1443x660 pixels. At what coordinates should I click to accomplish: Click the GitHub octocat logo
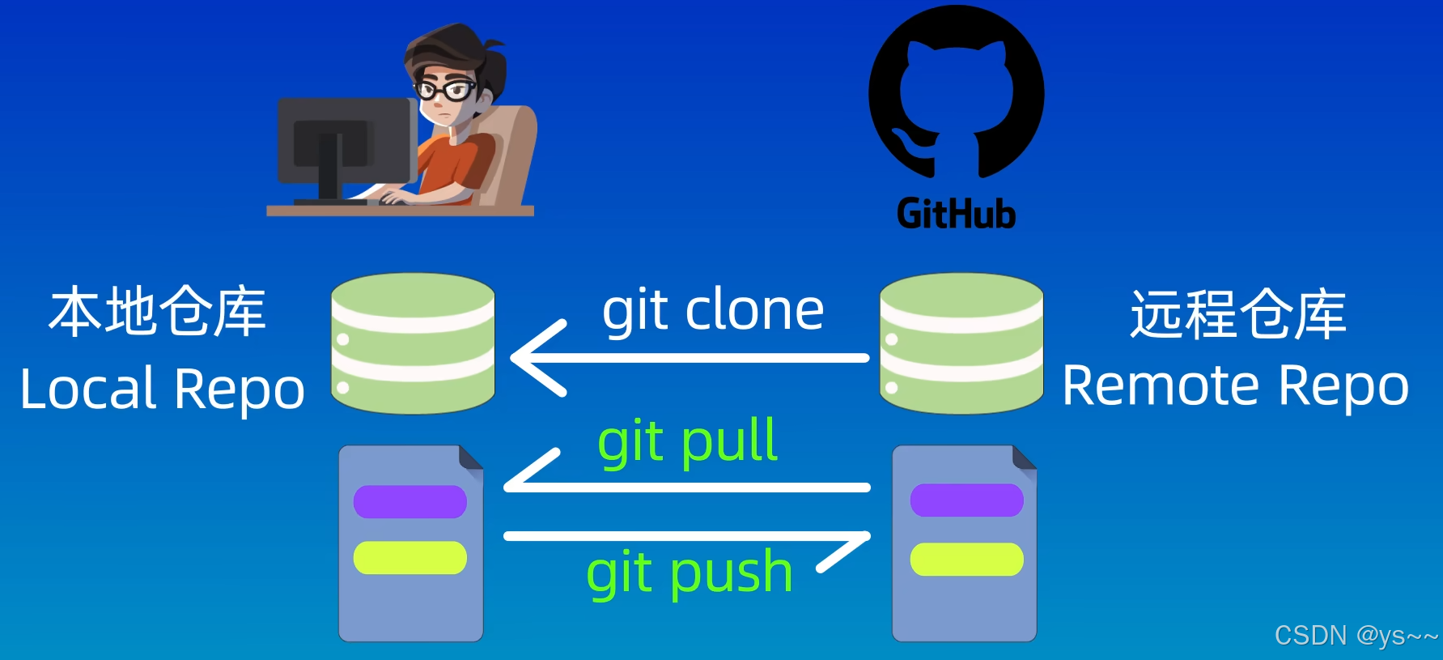[956, 93]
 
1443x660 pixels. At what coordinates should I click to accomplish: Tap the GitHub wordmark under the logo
[956, 215]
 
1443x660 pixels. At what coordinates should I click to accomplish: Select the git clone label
[713, 311]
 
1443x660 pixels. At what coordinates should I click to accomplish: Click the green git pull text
[687, 442]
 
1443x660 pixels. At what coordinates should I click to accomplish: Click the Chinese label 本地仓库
[157, 312]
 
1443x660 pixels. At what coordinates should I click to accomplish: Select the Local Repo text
[162, 389]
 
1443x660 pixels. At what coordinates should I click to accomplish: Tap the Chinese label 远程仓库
[1237, 314]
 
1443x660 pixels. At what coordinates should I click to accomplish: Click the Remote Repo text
[1235, 385]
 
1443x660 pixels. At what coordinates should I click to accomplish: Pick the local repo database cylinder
[413, 343]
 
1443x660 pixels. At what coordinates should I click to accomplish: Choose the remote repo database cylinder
[961, 343]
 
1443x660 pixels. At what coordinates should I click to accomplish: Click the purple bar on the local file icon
[410, 501]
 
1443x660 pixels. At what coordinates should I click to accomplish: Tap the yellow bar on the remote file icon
[966, 559]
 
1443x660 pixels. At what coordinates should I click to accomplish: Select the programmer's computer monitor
[344, 142]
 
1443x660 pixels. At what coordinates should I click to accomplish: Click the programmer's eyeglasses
[444, 90]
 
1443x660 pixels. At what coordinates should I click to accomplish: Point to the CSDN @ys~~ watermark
[1356, 636]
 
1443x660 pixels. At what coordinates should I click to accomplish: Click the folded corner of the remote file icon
[1025, 458]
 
